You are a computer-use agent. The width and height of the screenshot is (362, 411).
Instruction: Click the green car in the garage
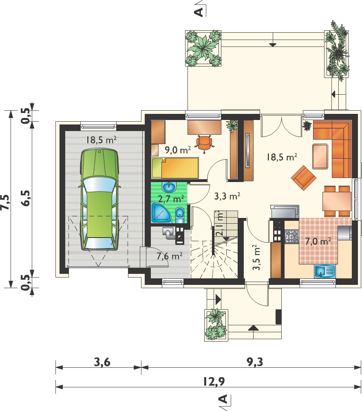99,199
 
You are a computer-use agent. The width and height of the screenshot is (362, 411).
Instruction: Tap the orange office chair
204,143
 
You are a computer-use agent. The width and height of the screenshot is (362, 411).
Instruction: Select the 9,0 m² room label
178,150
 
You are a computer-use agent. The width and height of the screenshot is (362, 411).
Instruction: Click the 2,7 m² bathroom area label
171,199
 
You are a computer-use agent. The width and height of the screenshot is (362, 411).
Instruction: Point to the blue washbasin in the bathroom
169,187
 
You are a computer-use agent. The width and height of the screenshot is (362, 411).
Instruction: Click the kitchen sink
324,271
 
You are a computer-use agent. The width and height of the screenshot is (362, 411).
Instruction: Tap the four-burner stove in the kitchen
291,236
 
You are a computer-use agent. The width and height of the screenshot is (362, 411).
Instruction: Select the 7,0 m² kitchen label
318,241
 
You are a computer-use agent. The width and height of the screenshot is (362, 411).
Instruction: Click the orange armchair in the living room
304,178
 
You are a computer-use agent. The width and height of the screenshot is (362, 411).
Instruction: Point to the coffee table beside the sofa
320,156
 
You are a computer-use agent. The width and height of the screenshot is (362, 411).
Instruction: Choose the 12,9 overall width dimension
214,382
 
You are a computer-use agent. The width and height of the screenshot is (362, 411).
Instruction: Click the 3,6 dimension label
102,362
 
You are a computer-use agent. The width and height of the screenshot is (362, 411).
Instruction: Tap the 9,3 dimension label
255,362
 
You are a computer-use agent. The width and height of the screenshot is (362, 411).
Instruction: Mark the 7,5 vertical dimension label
5,202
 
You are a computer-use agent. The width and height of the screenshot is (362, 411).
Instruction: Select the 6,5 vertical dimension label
26,198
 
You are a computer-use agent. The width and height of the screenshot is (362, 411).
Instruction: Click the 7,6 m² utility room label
169,256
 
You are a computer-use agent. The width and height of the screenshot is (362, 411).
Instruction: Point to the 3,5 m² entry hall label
256,258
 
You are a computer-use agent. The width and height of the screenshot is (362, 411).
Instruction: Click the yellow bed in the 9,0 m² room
175,168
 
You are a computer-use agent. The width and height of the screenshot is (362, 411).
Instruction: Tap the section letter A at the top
199,12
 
